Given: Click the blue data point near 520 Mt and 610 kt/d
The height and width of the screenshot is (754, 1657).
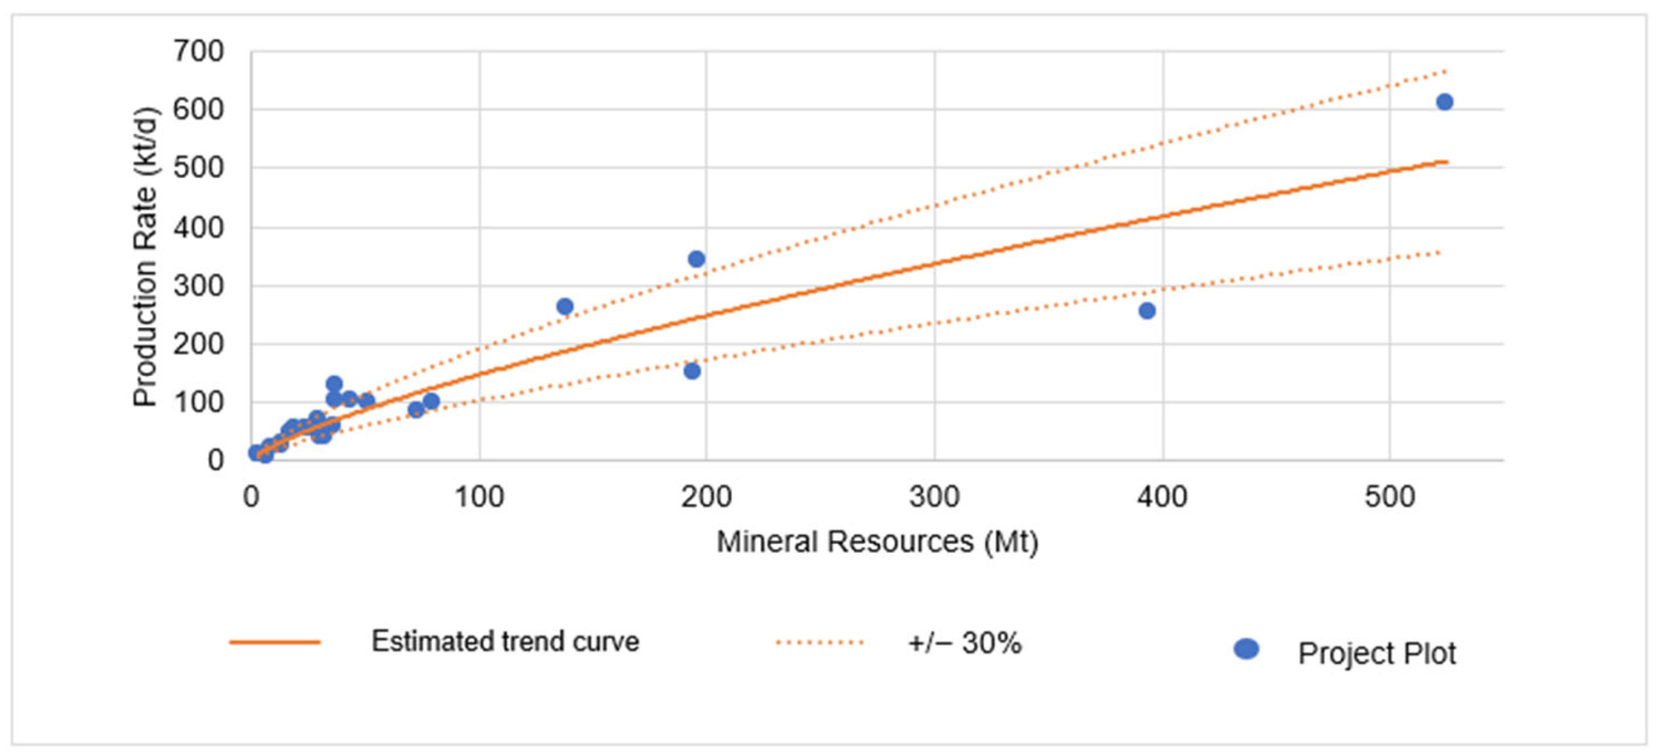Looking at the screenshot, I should [x=1445, y=102].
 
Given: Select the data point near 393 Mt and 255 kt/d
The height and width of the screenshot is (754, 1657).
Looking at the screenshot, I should [x=1147, y=311].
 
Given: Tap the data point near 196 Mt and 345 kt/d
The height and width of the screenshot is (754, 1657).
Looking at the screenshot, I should [x=696, y=259].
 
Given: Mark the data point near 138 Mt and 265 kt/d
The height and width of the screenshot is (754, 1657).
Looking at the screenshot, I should [x=565, y=307].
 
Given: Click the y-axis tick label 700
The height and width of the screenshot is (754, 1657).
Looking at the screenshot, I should [x=199, y=52].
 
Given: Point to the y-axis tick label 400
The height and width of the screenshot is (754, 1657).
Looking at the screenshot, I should [x=199, y=227].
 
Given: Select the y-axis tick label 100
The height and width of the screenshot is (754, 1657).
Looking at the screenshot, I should [x=199, y=403].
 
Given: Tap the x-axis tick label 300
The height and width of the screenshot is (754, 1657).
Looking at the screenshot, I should [x=934, y=497].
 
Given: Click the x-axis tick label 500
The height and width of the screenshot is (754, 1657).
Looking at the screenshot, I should [x=1390, y=497].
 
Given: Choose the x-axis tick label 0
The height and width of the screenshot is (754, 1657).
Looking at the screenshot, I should [x=252, y=497].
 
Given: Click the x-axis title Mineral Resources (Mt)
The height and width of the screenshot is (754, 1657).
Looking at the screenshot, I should [x=878, y=542].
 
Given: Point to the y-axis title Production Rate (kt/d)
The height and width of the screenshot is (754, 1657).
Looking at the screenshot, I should [x=145, y=257].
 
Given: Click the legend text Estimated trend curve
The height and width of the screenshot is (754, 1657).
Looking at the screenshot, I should [x=506, y=641].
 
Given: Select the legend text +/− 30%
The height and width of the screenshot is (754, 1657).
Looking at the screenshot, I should [x=965, y=643].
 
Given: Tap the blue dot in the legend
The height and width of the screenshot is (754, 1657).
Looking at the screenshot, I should [x=1246, y=649].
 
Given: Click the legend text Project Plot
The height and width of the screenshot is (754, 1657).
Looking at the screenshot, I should [x=1377, y=654].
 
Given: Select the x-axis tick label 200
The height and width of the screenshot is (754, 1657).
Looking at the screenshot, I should [x=707, y=497].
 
